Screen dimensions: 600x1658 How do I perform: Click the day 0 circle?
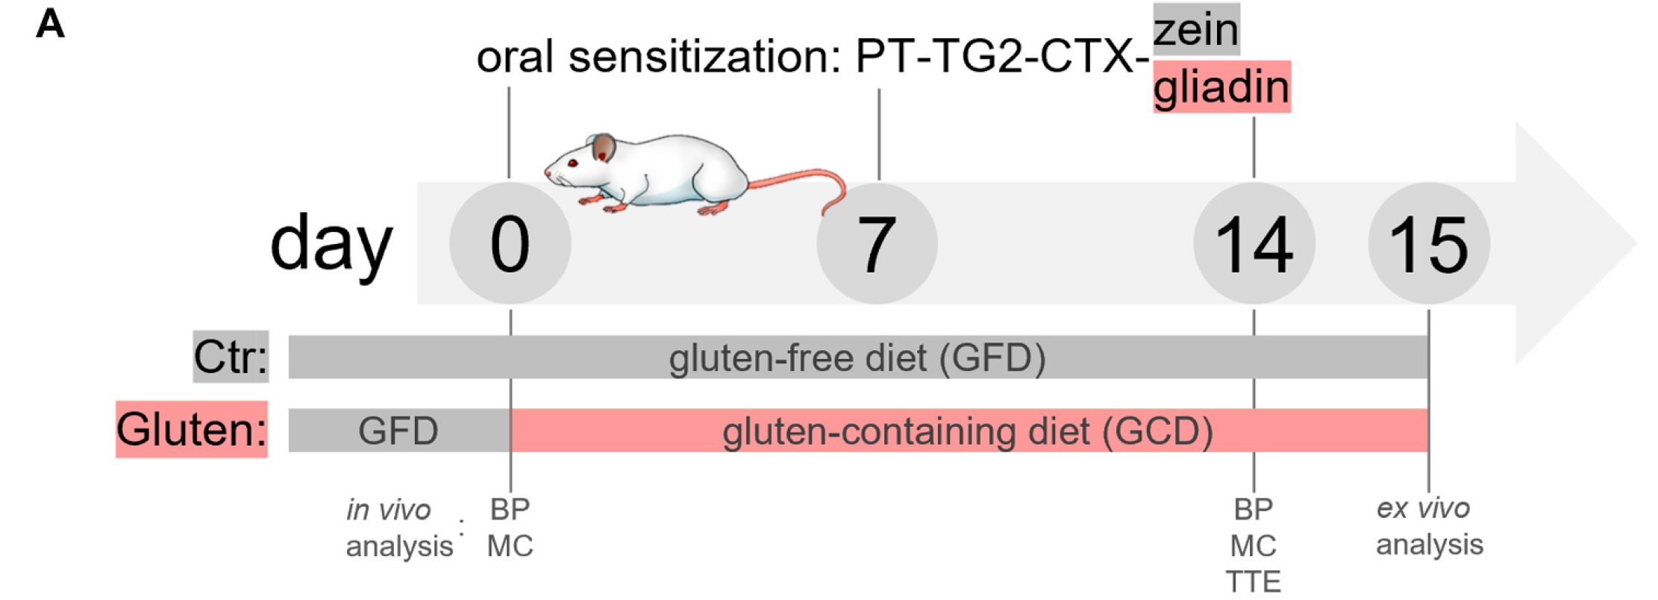(x=510, y=243)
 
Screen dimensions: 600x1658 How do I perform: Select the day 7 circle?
(x=877, y=243)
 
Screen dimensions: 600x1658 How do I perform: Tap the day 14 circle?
(x=1254, y=243)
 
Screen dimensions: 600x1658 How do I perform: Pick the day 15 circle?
(x=1429, y=243)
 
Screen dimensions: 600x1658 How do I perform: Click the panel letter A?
(x=51, y=24)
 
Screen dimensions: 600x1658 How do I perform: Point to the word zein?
(x=1196, y=30)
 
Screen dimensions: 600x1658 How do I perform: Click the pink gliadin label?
(x=1221, y=87)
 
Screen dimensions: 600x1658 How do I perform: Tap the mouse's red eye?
(x=572, y=163)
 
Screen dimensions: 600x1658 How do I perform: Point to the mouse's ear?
(x=604, y=148)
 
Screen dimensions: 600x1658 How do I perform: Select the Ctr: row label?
(x=231, y=357)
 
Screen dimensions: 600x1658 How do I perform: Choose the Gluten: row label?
(x=192, y=430)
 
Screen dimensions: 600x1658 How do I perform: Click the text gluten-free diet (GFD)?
(x=857, y=358)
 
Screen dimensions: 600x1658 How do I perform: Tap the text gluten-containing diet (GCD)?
(x=967, y=431)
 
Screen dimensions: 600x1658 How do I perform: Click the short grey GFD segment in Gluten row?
(x=398, y=431)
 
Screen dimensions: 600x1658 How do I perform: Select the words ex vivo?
(x=1423, y=508)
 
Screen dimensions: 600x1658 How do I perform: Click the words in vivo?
(x=389, y=510)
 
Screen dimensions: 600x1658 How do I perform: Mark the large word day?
(x=331, y=243)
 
